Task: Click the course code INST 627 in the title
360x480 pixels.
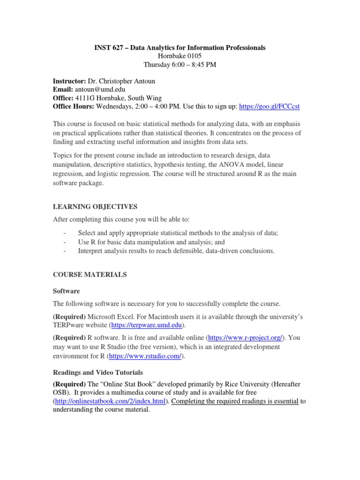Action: coord(106,47)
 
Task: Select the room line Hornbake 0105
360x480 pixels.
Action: coord(180,56)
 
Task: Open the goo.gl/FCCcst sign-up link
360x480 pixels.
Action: coord(269,106)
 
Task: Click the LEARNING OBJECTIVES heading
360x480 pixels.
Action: coord(95,206)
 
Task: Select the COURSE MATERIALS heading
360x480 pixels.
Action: coord(90,275)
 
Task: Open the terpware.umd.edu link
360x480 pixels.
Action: coord(147,325)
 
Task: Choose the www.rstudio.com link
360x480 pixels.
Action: coord(145,356)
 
